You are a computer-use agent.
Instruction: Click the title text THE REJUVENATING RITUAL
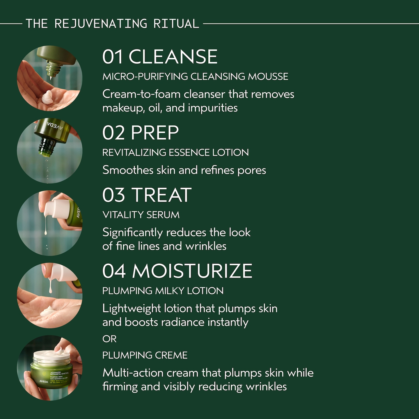tap(112, 24)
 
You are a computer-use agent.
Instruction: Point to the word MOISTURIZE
tap(192, 271)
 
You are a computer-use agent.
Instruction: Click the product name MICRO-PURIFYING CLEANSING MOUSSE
tap(195, 77)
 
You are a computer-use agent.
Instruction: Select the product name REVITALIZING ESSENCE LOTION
tap(175, 152)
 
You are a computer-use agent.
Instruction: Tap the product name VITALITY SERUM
tap(141, 215)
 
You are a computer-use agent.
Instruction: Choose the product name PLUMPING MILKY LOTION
tap(163, 291)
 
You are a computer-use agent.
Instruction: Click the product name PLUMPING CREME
tap(145, 355)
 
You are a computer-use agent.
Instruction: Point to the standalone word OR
tap(109, 339)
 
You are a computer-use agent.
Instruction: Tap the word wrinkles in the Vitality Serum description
tap(206, 246)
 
